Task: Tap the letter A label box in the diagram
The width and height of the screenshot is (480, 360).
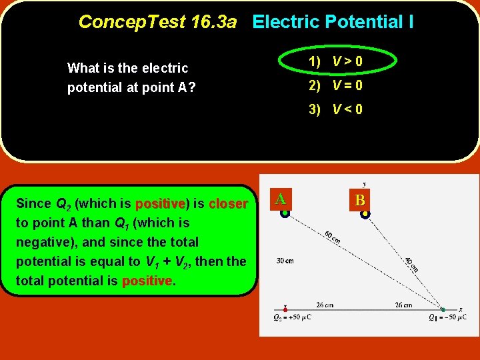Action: [x=281, y=199]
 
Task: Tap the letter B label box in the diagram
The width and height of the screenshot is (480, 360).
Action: [x=360, y=199]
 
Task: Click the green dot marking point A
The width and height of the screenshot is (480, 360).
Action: [x=285, y=213]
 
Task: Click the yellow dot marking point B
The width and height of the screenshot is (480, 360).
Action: [x=365, y=214]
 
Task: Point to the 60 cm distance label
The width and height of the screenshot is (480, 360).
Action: [x=331, y=237]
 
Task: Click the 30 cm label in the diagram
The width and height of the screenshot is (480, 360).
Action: [x=285, y=261]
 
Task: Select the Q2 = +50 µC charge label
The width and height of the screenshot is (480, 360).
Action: [x=293, y=317]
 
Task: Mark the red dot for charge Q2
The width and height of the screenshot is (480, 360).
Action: [x=286, y=309]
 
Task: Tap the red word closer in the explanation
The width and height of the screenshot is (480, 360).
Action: [x=228, y=203]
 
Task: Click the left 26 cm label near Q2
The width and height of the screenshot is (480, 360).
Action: [x=325, y=305]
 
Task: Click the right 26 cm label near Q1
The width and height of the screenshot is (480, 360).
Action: [x=403, y=305]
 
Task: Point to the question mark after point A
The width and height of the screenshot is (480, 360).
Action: [x=192, y=88]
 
